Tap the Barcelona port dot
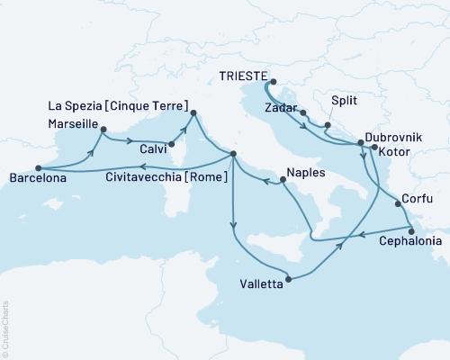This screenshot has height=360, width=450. point(38,167)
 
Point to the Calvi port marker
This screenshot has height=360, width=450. point(172,142)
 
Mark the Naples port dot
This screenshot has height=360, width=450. point(283,181)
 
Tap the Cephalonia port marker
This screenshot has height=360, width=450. point(411,230)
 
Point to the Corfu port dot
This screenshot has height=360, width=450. point(398,203)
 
